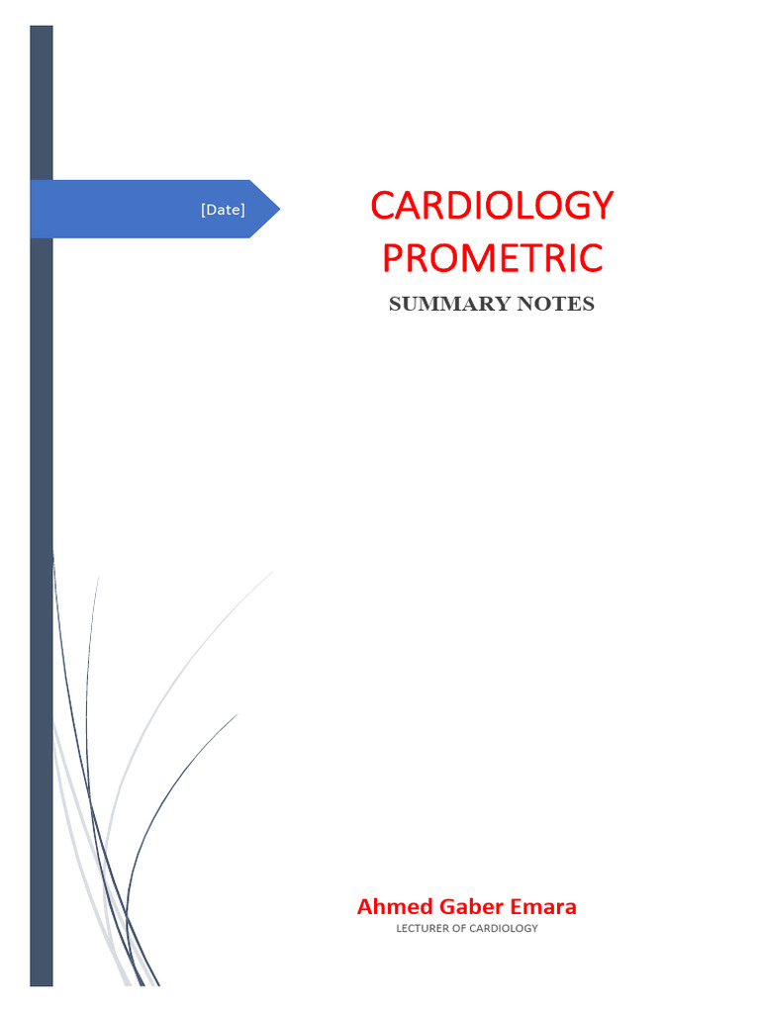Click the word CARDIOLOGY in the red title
pyautogui.click(x=492, y=206)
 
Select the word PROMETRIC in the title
pyautogui.click(x=492, y=258)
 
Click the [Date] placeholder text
pyautogui.click(x=223, y=210)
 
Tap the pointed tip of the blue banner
pyautogui.click(x=277, y=209)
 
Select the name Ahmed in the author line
pyautogui.click(x=388, y=906)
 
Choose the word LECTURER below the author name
pyautogui.click(x=423, y=928)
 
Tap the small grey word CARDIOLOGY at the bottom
pyautogui.click(x=504, y=928)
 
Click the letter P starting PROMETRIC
pyautogui.click(x=393, y=258)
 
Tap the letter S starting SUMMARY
pyautogui.click(x=395, y=305)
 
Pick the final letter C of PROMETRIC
pyautogui.click(x=591, y=258)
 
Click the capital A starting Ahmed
pyautogui.click(x=364, y=906)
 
